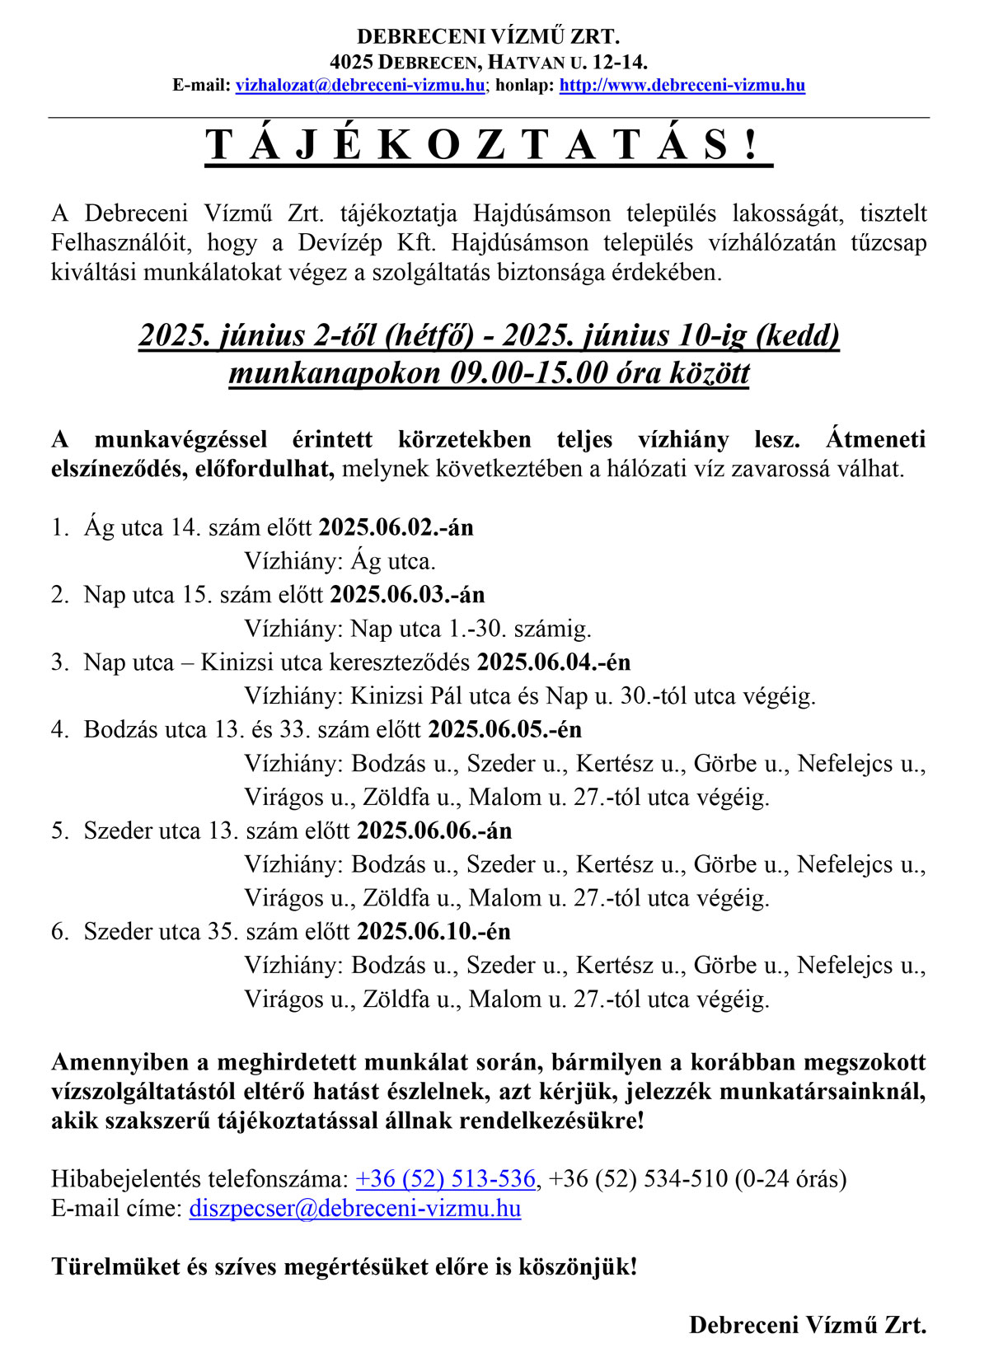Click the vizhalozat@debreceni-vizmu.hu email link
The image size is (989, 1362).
[x=360, y=85]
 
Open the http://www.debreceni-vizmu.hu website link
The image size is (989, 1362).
[x=682, y=85]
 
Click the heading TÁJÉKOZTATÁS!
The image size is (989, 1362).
[x=488, y=145]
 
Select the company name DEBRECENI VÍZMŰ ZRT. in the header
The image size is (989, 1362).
[x=488, y=36]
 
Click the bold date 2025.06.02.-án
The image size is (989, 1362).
[x=396, y=527]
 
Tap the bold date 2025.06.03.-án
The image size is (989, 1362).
[x=407, y=595]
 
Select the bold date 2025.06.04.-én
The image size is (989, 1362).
[x=554, y=662]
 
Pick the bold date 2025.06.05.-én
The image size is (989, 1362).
[x=504, y=730]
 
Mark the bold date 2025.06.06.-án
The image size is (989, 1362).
[x=434, y=831]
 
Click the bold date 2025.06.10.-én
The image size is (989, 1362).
[x=434, y=932]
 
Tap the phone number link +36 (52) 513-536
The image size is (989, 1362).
[x=445, y=1179]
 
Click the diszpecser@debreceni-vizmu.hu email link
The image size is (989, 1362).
[x=354, y=1209]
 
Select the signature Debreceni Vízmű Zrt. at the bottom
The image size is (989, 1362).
[x=808, y=1325]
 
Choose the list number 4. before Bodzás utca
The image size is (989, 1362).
[x=59, y=730]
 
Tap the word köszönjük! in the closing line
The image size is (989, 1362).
[x=577, y=1266]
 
